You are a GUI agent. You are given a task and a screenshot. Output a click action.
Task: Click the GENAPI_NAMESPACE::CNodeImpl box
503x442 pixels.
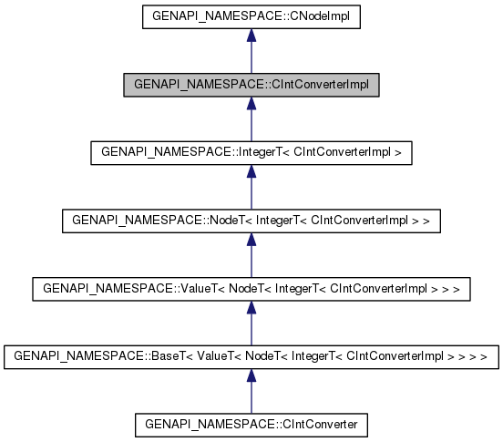click(251, 16)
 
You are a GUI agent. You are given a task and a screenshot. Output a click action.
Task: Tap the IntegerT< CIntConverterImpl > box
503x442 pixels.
click(251, 152)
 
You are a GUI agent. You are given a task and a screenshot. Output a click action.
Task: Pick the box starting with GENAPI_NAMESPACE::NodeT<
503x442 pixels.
click(251, 220)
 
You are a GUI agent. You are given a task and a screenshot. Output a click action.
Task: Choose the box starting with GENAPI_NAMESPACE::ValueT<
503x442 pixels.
click(251, 288)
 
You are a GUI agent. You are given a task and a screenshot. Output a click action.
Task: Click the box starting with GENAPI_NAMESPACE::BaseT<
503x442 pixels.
click(251, 356)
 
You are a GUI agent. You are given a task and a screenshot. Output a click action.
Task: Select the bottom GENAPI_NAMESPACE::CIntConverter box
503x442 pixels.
click(251, 424)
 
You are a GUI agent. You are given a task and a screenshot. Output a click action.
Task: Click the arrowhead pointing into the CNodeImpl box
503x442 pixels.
click(251, 36)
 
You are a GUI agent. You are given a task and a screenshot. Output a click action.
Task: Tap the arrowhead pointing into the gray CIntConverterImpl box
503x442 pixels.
click(251, 105)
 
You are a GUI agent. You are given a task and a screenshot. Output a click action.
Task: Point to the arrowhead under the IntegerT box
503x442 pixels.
click(251, 172)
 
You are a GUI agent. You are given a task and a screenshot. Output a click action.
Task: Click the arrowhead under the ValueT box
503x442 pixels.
click(251, 308)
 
